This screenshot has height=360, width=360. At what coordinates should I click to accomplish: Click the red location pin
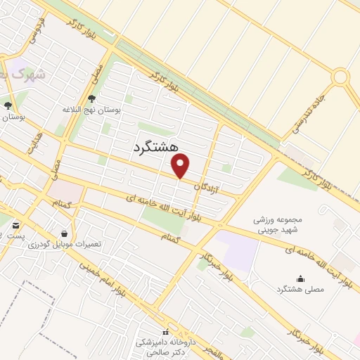[181, 166]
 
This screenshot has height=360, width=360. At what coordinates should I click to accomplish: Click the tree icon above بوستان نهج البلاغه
[92, 99]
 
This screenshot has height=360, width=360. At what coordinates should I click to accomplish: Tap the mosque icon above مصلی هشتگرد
[301, 278]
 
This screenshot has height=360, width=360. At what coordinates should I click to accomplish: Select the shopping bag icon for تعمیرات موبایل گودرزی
[65, 233]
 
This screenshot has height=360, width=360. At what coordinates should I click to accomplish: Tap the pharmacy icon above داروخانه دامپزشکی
[166, 331]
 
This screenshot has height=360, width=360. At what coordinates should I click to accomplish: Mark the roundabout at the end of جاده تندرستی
[341, 76]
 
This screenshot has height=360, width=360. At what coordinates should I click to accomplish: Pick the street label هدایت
[32, 141]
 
